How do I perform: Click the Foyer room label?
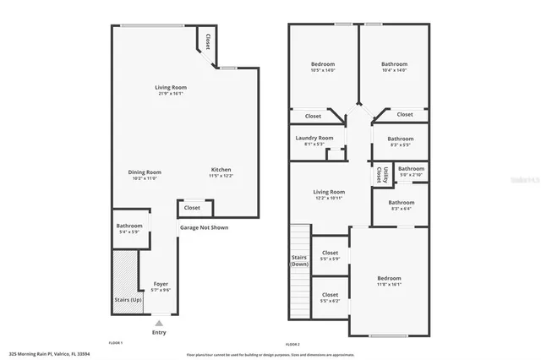(x=161, y=284)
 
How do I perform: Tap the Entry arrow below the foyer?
(x=159, y=322)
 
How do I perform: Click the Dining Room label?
(x=145, y=172)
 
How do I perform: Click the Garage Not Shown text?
(x=203, y=227)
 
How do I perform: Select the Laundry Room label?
(x=314, y=138)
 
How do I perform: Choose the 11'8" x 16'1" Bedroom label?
(x=389, y=278)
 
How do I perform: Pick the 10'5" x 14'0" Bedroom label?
(x=323, y=64)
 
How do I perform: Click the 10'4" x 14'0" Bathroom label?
(x=394, y=64)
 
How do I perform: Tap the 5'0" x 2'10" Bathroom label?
(x=411, y=168)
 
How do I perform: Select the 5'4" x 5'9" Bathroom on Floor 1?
(x=129, y=226)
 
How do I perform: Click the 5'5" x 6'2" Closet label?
(x=330, y=294)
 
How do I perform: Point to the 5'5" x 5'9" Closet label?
(x=330, y=253)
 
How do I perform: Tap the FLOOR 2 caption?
(x=292, y=344)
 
